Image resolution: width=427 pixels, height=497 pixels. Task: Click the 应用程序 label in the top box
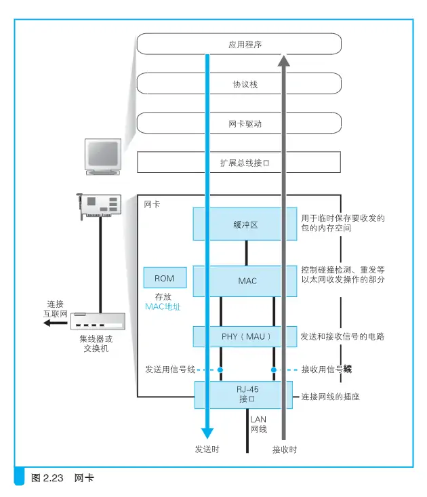click(x=245, y=44)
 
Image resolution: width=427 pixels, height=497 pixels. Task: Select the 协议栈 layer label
click(x=245, y=84)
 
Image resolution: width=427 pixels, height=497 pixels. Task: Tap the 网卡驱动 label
click(x=245, y=123)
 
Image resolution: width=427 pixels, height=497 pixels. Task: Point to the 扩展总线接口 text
click(x=245, y=163)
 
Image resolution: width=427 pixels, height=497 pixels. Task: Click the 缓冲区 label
click(x=245, y=224)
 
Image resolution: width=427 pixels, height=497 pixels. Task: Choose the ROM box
click(x=165, y=278)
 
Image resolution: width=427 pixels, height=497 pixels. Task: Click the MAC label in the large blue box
click(x=247, y=281)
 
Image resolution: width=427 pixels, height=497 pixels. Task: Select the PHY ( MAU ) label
click(x=246, y=336)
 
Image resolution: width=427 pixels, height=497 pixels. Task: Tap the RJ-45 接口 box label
click(x=247, y=394)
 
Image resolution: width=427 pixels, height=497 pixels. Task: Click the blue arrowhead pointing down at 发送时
click(x=207, y=433)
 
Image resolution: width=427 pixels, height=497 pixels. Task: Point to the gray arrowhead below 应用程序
click(x=284, y=60)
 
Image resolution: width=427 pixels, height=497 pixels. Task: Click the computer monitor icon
click(x=103, y=157)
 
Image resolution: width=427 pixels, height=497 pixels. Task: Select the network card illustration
click(x=100, y=205)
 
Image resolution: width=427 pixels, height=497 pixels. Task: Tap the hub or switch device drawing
click(x=98, y=321)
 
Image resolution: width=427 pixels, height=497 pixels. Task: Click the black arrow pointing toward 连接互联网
click(x=56, y=323)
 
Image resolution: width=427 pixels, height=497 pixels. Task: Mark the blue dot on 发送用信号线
click(x=220, y=370)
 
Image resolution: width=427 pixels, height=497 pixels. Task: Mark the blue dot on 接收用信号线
click(x=274, y=370)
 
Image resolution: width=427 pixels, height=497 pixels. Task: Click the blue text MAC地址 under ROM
click(x=163, y=306)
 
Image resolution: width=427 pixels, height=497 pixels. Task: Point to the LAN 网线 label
click(x=259, y=424)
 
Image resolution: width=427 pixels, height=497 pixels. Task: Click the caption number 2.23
click(x=54, y=477)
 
